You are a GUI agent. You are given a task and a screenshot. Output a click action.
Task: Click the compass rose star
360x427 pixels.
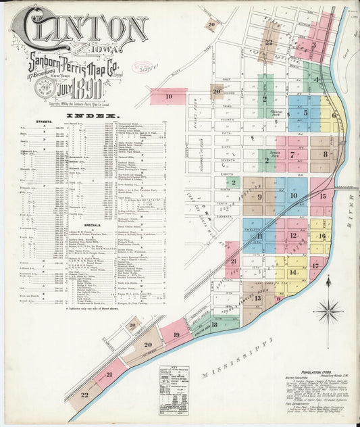[x=328, y=311]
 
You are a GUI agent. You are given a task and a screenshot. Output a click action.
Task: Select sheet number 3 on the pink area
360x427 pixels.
[x=313, y=46]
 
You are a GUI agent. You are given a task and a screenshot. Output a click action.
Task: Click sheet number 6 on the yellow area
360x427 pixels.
[x=334, y=115]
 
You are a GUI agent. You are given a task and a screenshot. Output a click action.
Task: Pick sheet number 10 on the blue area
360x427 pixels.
[x=293, y=196]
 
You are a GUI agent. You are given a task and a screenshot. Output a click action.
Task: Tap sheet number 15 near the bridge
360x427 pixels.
[x=322, y=196]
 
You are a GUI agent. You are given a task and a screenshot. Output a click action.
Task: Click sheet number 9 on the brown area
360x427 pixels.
[x=259, y=197]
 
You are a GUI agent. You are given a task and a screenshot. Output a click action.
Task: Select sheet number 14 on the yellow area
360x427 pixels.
[x=293, y=272]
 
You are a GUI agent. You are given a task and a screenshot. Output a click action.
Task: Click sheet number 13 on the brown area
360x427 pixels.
[x=258, y=298]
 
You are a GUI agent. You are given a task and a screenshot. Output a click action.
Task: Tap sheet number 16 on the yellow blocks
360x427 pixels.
[x=322, y=236]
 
